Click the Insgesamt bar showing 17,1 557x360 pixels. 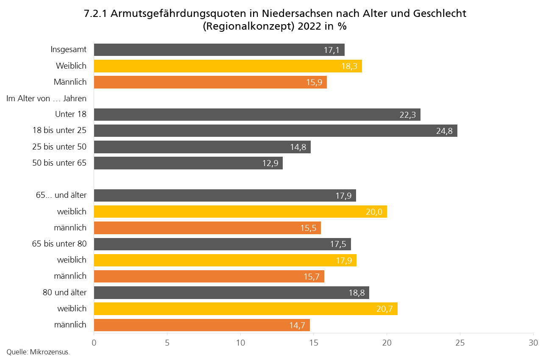click(x=219, y=50)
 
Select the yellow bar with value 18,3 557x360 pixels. click(x=228, y=66)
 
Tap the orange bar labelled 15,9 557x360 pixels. click(x=210, y=82)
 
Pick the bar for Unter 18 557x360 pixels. click(x=257, y=114)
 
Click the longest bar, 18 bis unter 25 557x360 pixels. click(x=275, y=131)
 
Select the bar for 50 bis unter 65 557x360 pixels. click(x=188, y=163)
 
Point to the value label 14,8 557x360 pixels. click(x=298, y=147)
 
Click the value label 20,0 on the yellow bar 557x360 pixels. click(x=374, y=212)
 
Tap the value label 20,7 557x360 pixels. click(x=384, y=309)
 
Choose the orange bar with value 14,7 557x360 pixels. click(x=201, y=325)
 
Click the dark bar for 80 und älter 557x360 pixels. click(x=231, y=293)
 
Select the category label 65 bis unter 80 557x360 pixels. click(x=59, y=244)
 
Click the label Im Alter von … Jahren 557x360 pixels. click(x=47, y=99)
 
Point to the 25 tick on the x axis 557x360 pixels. click(x=460, y=342)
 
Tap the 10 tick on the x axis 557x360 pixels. click(x=240, y=342)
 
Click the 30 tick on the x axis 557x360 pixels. click(x=533, y=342)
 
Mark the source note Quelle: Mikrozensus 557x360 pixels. click(x=38, y=352)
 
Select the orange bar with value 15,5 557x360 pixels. click(x=207, y=228)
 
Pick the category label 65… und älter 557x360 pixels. click(x=61, y=195)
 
